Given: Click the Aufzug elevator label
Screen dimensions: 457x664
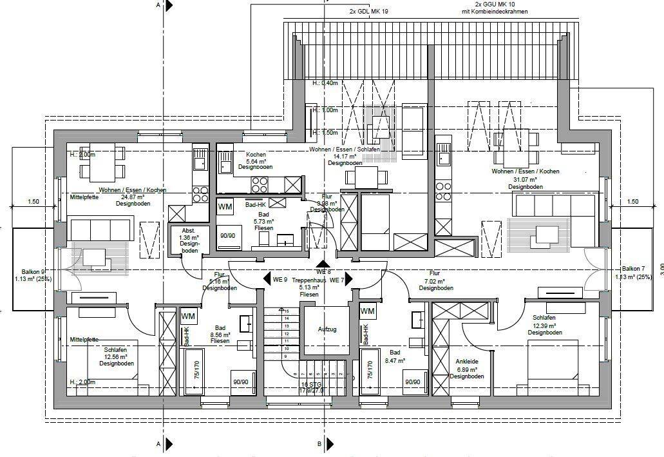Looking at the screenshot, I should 327,329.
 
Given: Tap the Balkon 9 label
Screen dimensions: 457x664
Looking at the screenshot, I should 33,275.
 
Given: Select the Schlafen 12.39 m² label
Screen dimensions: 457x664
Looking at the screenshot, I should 545,326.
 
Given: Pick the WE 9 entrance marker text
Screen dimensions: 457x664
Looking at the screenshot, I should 279,280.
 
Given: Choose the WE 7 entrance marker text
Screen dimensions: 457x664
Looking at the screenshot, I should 336,280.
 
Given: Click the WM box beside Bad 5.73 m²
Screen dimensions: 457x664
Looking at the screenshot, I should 225,207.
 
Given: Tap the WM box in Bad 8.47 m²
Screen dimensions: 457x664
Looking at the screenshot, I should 367,311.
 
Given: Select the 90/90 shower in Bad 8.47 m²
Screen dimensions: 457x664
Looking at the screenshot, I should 413,382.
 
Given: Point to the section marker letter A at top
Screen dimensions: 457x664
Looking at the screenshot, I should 158,5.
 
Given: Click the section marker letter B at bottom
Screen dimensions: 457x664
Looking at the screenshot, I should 319,444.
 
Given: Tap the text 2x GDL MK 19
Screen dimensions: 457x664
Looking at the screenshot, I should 368,12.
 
